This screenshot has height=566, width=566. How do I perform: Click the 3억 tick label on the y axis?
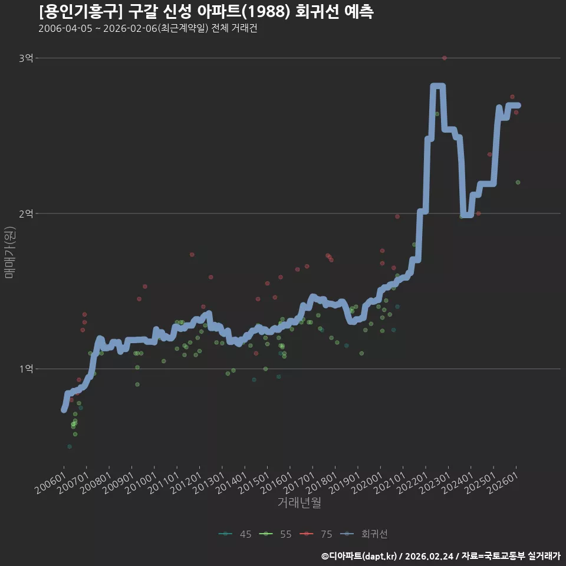pos(26,58)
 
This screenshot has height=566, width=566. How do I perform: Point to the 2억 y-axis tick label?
pos(26,213)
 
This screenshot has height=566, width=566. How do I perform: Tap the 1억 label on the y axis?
pos(26,369)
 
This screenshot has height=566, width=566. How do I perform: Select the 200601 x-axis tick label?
pos(51,483)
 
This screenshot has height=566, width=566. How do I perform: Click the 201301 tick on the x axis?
pos(209,483)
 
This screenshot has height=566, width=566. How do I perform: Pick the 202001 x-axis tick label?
pos(367,483)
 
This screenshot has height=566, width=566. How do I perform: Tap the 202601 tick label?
pos(503,483)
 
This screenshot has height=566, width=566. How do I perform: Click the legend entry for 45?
pos(235,534)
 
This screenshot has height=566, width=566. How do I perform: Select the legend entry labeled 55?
pos(275,534)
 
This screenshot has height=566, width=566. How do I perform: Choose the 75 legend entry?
pos(316,534)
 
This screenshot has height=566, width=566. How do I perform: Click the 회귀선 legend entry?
pos(364,534)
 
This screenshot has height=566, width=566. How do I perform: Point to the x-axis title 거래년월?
pos(300,502)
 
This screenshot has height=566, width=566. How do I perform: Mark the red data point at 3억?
pos(445,58)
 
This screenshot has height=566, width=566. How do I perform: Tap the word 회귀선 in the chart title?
pos(317,12)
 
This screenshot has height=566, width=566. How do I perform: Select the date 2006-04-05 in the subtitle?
pos(65,28)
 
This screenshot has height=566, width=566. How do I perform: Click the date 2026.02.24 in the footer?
pos(429,556)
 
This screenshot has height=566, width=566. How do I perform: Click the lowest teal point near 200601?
pos(70,446)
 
